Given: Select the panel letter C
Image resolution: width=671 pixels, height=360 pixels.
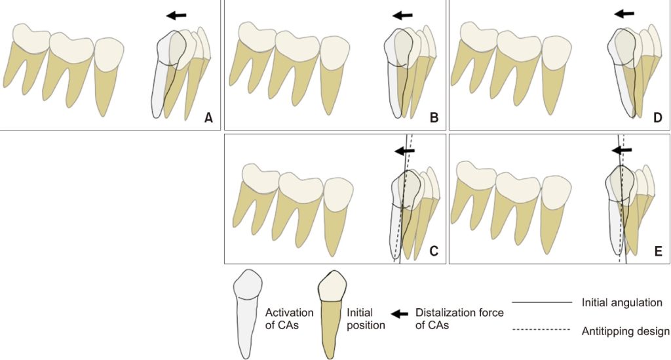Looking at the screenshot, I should (433, 250).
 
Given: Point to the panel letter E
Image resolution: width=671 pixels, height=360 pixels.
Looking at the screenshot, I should (658, 250).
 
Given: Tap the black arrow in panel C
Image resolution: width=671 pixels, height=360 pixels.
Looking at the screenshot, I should (407, 150).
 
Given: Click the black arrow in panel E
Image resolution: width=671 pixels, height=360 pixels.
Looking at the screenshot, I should (623, 150).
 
